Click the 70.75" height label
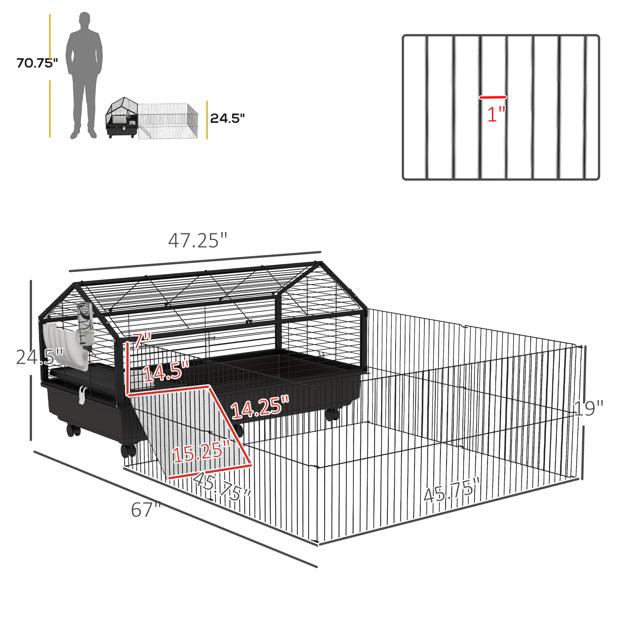click(37, 63)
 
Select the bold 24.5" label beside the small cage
click(227, 118)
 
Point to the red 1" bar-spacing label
click(496, 114)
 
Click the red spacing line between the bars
click(492, 97)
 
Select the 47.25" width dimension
click(198, 241)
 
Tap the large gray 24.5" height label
click(39, 357)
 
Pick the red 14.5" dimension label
click(166, 371)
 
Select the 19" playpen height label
click(588, 408)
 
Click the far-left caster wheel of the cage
click(74, 430)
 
